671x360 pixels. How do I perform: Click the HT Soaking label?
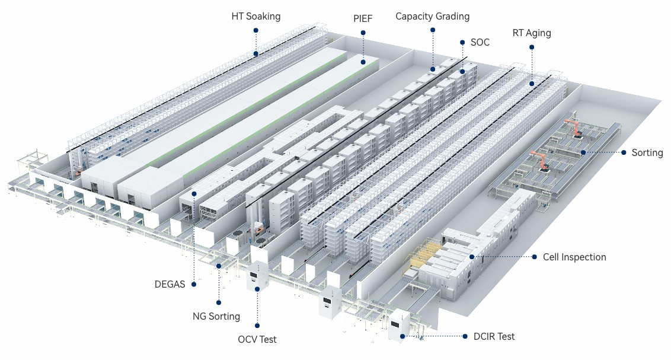(255, 16)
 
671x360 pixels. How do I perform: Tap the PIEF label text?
(363, 18)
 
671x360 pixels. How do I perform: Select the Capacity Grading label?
(432, 16)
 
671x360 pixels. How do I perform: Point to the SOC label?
(480, 42)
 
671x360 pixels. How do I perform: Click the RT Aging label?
(532, 33)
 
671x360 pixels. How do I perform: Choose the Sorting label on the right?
(647, 152)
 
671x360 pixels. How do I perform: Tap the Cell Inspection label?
(574, 257)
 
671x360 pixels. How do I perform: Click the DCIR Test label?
(494, 336)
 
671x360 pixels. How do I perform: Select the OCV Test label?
(257, 339)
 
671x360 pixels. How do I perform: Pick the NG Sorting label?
(216, 316)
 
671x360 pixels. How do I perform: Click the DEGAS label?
(170, 284)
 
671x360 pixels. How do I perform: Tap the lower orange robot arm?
(539, 160)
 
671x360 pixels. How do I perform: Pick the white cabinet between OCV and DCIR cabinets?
(330, 302)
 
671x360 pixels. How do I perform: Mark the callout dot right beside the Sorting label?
(624, 152)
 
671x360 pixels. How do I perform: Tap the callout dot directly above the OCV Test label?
(257, 324)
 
